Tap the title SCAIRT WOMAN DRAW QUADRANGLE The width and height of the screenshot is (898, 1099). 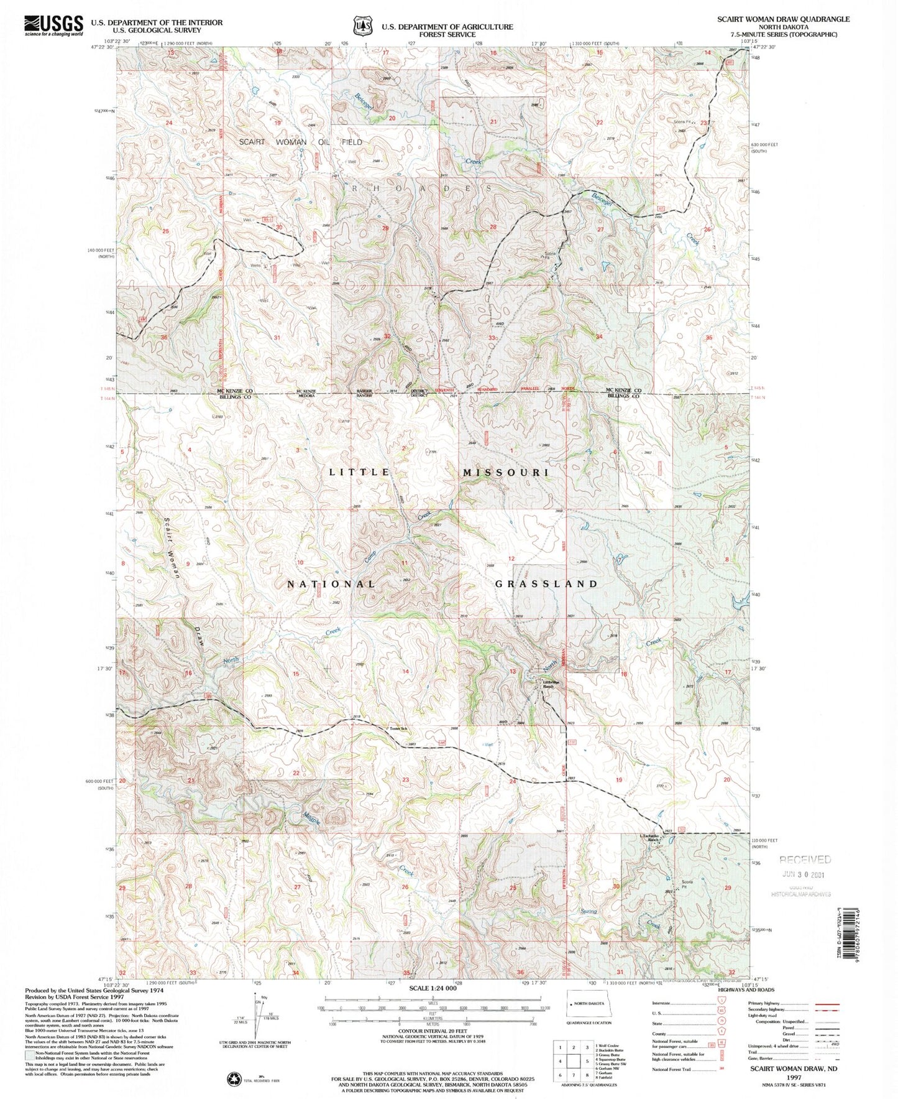click(783, 19)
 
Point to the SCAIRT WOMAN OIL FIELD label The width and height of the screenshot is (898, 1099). click(301, 142)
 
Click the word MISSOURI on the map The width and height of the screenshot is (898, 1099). click(506, 473)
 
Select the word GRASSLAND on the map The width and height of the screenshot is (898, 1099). click(546, 584)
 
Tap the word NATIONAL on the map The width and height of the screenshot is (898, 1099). click(331, 585)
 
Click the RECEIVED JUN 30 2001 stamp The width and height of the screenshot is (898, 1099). click(805, 866)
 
